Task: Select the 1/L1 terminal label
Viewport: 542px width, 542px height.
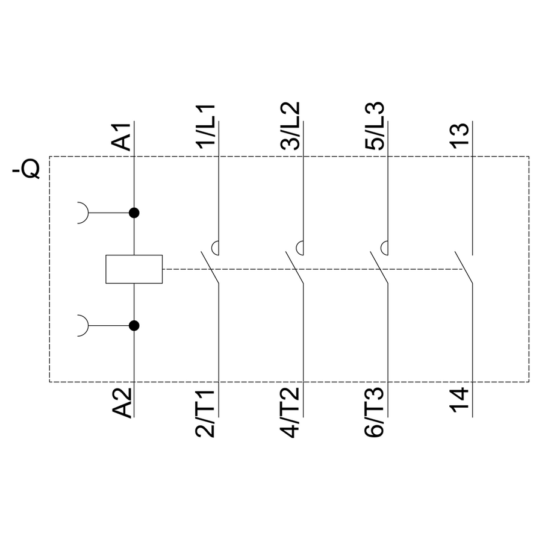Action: click(207, 127)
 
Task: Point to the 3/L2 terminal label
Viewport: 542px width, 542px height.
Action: click(291, 127)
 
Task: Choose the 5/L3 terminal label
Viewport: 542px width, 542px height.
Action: click(375, 127)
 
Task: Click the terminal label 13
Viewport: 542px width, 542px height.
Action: click(459, 137)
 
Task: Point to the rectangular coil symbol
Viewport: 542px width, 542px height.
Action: click(134, 269)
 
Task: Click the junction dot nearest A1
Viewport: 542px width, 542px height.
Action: click(134, 213)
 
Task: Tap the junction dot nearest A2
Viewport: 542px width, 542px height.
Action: click(134, 326)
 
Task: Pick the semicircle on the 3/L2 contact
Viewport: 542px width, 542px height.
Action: click(299, 247)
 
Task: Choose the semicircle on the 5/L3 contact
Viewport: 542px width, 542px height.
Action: click(383, 247)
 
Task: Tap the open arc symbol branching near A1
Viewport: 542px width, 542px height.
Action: click(83, 213)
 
